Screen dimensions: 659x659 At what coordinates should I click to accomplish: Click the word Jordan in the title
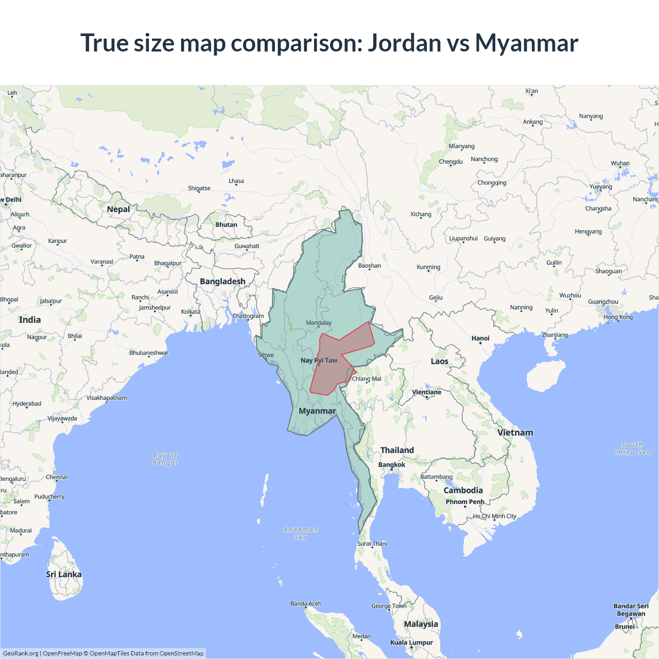click(x=404, y=43)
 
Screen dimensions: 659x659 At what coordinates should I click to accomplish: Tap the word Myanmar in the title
click(x=526, y=43)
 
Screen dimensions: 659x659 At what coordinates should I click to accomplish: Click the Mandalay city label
click(x=319, y=323)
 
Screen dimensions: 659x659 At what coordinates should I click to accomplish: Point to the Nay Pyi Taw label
click(x=319, y=360)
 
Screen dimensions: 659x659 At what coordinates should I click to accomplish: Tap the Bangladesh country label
click(x=222, y=282)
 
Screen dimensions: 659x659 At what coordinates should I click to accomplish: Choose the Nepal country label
click(x=118, y=209)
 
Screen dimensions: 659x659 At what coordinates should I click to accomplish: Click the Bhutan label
click(x=226, y=224)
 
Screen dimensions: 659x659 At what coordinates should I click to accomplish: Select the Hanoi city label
click(x=480, y=338)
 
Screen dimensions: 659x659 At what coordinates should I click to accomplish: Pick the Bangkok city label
click(x=392, y=464)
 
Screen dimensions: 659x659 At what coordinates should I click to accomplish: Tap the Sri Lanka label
click(x=64, y=574)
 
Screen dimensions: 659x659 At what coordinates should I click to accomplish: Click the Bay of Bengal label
click(x=165, y=459)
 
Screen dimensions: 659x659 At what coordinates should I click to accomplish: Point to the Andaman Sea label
click(x=301, y=533)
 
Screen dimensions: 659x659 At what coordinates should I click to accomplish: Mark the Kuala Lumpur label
click(x=411, y=642)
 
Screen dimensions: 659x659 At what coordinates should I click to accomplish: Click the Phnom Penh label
click(x=465, y=501)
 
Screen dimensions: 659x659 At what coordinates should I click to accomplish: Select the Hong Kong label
click(x=618, y=317)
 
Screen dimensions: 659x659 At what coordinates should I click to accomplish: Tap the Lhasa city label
click(x=236, y=181)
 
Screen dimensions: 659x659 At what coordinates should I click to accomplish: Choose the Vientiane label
click(x=427, y=392)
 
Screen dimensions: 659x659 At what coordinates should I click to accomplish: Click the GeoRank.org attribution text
click(x=21, y=653)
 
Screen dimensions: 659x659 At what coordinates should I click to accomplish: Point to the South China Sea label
click(x=632, y=448)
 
